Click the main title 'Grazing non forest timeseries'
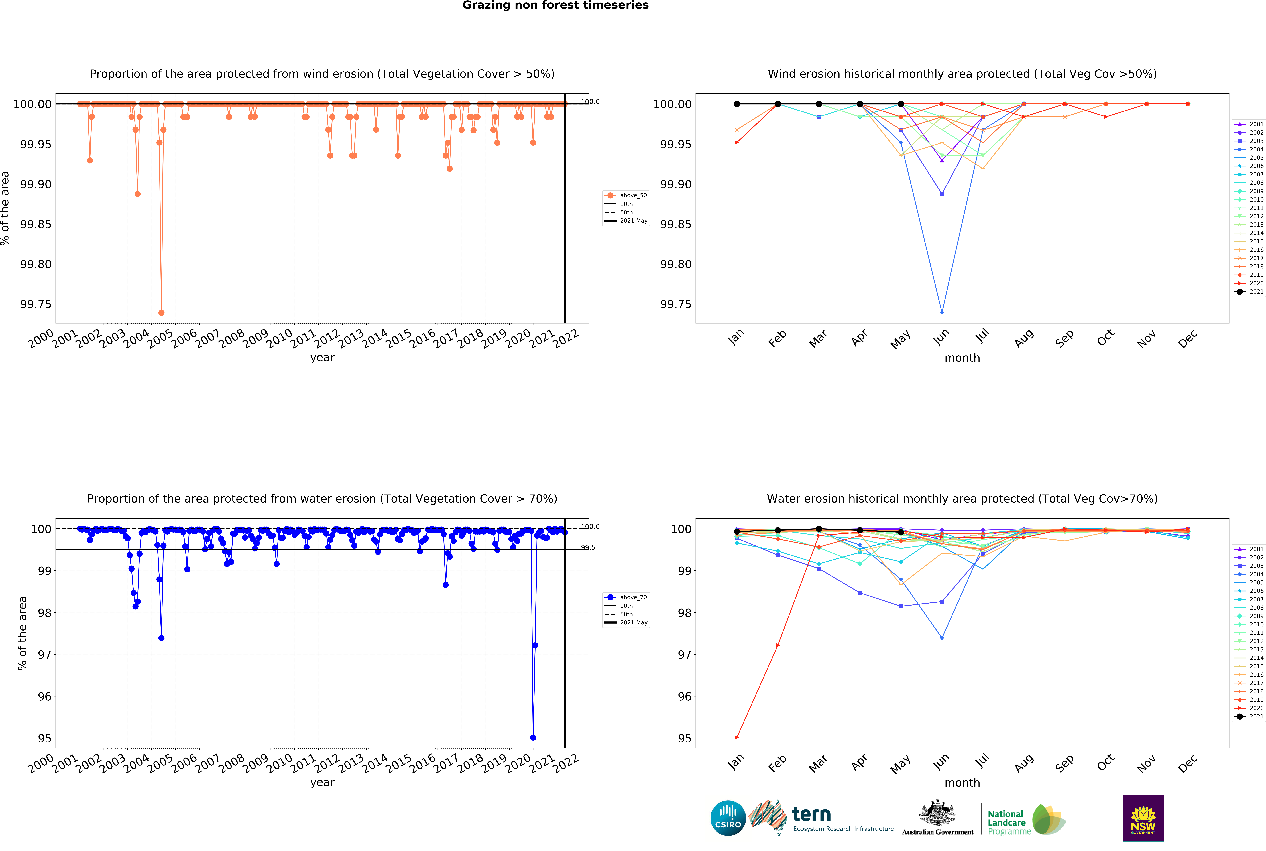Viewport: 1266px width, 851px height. [555, 5]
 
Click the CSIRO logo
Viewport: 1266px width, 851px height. [728, 818]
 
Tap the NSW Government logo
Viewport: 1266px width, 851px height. [1143, 818]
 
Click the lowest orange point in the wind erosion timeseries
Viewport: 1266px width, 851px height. [161, 313]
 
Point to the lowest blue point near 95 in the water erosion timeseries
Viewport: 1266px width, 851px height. [533, 738]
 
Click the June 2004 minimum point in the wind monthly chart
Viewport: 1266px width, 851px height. [941, 313]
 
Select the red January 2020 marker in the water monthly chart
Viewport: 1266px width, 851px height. [736, 738]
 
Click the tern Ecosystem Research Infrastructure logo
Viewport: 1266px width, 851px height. [821, 818]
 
